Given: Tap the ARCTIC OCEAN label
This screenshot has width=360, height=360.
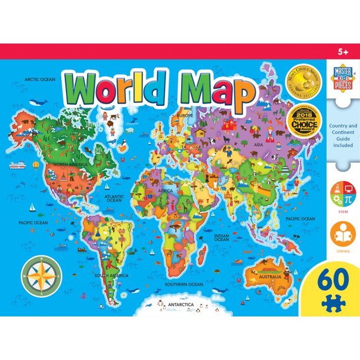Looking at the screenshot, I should (x=39, y=79).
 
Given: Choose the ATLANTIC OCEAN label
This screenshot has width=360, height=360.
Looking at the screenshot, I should (x=114, y=198).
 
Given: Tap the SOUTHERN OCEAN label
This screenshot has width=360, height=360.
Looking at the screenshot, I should (x=184, y=284).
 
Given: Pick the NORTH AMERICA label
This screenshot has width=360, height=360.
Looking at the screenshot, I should (x=69, y=164).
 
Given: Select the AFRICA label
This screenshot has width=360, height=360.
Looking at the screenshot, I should (x=165, y=191).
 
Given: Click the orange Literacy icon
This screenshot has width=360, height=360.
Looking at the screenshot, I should (x=342, y=234).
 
